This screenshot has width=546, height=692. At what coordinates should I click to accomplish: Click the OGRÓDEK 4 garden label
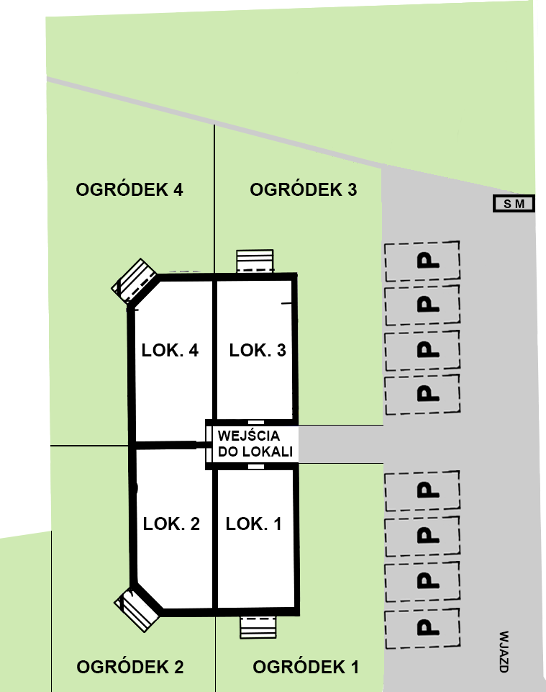tap(129, 189)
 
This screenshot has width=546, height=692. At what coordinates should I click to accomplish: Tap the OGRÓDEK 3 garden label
tap(304, 189)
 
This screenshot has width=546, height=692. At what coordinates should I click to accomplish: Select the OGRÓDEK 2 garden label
tap(130, 667)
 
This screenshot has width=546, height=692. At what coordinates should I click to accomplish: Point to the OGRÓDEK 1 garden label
tap(306, 667)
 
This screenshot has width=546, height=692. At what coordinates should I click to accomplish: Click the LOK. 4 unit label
tap(170, 351)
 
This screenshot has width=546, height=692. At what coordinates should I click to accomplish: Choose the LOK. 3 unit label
tap(258, 351)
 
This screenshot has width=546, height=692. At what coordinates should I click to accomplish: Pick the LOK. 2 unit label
tap(171, 524)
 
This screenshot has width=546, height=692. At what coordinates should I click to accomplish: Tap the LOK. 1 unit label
tap(254, 524)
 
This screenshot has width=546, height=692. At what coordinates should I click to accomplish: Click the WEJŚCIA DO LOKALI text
tap(255, 444)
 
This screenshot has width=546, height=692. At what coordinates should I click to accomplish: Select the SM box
tap(514, 204)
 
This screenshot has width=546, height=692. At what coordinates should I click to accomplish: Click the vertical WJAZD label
tap(504, 652)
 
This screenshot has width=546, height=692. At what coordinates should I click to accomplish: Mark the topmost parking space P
tap(422, 261)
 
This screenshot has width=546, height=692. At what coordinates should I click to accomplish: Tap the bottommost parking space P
tap(422, 628)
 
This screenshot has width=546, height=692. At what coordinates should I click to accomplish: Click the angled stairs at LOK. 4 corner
tap(134, 281)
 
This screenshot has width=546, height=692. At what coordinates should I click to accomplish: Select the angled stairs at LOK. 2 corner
tap(137, 609)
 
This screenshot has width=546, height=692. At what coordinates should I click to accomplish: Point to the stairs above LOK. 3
tap(255, 261)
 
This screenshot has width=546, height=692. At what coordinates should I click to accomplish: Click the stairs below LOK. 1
tap(258, 627)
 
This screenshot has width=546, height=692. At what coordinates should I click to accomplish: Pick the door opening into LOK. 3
tap(256, 423)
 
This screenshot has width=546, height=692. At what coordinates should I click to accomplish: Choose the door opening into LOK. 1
tap(256, 467)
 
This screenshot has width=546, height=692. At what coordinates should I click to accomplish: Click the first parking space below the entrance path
tap(422, 490)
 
